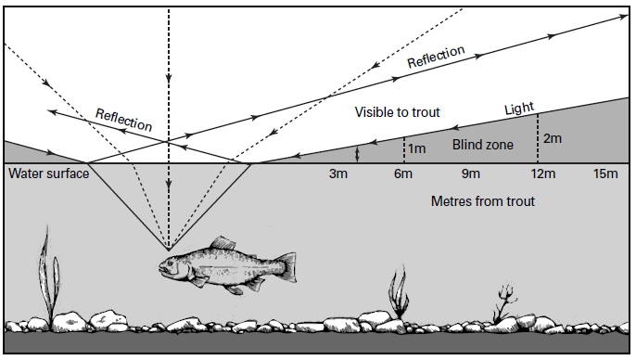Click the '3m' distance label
[x=338, y=174]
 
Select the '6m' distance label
[x=403, y=174]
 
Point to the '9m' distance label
[x=470, y=174]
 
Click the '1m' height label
[x=418, y=147]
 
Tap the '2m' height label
[x=552, y=139]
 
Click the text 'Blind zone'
[x=482, y=145]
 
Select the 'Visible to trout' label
[x=397, y=112]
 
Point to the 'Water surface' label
[x=48, y=174]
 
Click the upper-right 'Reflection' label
[x=436, y=59]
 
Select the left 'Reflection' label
[x=124, y=119]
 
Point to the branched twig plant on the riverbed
[x=504, y=301]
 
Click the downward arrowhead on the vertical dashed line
[x=168, y=78]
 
